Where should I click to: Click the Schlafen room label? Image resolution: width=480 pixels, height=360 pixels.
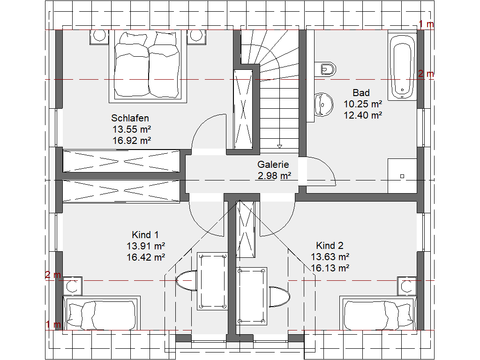[x=130, y=118]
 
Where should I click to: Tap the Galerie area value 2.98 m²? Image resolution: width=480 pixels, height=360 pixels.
[x=274, y=176]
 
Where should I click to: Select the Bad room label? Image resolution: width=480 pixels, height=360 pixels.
[x=361, y=93]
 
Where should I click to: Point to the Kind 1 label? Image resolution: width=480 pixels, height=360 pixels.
[x=145, y=235]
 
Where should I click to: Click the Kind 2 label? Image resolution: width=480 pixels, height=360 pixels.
[x=330, y=246]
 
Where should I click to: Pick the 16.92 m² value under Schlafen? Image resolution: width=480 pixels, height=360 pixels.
[x=132, y=141]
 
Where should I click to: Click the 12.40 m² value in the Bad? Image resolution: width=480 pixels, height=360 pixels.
[x=363, y=115]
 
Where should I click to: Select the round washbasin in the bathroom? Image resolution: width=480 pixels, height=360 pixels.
[x=323, y=105]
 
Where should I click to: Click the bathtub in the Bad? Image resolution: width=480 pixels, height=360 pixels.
[x=402, y=67]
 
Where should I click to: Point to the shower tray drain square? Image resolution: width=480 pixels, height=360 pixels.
[x=402, y=176]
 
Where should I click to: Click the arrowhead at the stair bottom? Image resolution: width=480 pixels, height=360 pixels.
[x=279, y=147]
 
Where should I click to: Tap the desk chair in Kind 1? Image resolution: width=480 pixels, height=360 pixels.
[x=187, y=281]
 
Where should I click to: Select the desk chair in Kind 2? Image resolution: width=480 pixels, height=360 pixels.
[x=279, y=297]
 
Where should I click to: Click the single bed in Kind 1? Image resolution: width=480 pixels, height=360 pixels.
[x=102, y=313]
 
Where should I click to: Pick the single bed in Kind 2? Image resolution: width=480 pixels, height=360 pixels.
[x=378, y=313]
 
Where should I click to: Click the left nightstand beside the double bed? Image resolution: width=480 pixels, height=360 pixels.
[x=99, y=37]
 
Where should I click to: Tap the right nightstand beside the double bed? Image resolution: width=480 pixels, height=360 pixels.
[x=196, y=37]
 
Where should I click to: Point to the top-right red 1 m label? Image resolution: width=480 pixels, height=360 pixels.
[x=426, y=24]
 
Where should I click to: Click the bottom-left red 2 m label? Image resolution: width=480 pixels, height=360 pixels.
[x=53, y=275]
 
